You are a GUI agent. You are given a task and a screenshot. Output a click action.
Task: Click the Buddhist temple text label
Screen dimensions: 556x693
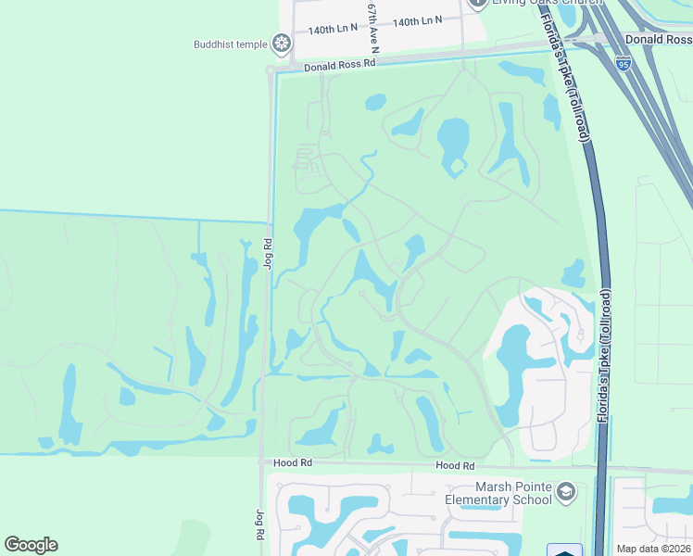pos(230,44)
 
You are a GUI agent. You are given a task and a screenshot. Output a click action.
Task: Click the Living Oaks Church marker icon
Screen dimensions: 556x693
pos(478,3)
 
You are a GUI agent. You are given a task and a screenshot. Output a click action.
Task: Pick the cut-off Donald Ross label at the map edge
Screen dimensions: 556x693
pos(658,39)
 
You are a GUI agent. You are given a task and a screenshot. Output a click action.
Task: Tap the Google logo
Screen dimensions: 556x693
pos(31,545)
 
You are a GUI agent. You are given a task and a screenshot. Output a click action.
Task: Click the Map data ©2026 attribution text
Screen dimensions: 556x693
pos(653,548)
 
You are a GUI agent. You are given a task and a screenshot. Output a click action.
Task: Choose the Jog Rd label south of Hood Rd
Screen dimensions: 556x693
pos(258,524)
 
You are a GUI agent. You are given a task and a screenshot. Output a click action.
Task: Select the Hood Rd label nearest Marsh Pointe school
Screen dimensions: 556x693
pos(455,466)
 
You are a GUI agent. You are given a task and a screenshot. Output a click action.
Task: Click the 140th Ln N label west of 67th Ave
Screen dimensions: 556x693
pos(333,30)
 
